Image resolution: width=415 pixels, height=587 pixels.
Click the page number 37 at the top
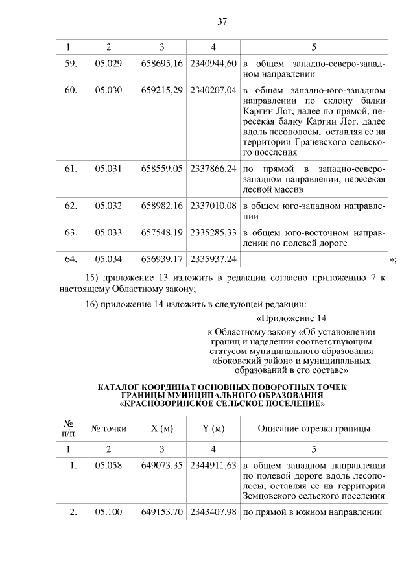pyautogui.click(x=222, y=21)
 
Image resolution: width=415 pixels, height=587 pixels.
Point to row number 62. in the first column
pyautogui.click(x=71, y=206)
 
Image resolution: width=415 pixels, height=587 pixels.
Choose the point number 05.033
pyautogui.click(x=108, y=232)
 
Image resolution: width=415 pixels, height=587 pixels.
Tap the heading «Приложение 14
pyautogui.click(x=288, y=318)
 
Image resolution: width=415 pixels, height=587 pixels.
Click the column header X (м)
pyautogui.click(x=161, y=428)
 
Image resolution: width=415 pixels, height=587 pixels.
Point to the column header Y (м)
pyautogui.click(x=213, y=428)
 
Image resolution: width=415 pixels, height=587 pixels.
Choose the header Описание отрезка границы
pyautogui.click(x=314, y=428)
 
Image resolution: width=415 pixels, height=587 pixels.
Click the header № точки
pyautogui.click(x=108, y=428)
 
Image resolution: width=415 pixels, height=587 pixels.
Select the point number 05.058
pyautogui.click(x=108, y=465)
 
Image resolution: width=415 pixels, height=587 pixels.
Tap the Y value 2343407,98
pyautogui.click(x=213, y=512)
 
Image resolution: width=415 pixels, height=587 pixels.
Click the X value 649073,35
pyautogui.click(x=161, y=465)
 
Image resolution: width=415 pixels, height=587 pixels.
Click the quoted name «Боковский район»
pyautogui.click(x=243, y=360)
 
